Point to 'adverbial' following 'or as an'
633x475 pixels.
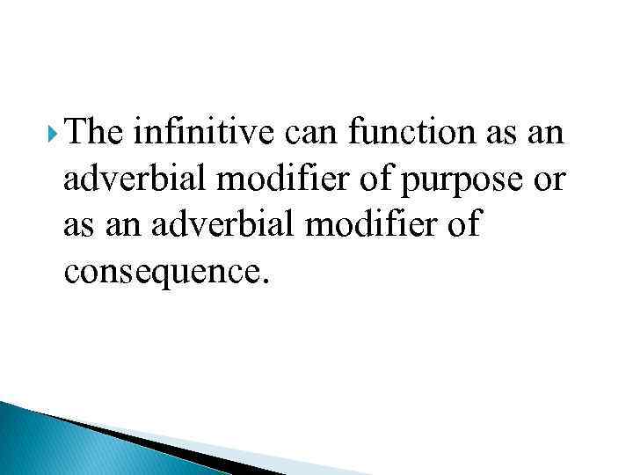pos(224,226)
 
